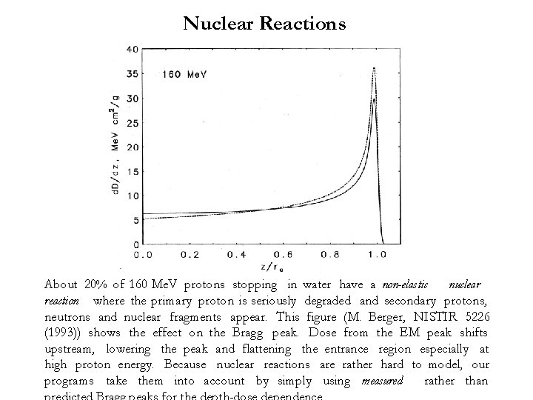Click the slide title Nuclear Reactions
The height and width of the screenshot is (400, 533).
[264, 24]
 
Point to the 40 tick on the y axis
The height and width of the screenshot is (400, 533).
[131, 50]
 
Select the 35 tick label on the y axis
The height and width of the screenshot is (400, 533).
[131, 74]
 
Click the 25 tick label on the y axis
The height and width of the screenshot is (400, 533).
[131, 123]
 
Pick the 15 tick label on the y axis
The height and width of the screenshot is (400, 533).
[131, 172]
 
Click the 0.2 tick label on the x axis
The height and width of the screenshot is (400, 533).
[190, 254]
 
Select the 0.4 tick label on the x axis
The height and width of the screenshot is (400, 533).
[237, 254]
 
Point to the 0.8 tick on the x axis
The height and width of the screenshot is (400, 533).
[330, 254]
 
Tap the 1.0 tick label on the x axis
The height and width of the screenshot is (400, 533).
[377, 254]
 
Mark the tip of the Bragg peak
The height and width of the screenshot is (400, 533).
[375, 68]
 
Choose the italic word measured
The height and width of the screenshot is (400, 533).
[383, 381]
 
